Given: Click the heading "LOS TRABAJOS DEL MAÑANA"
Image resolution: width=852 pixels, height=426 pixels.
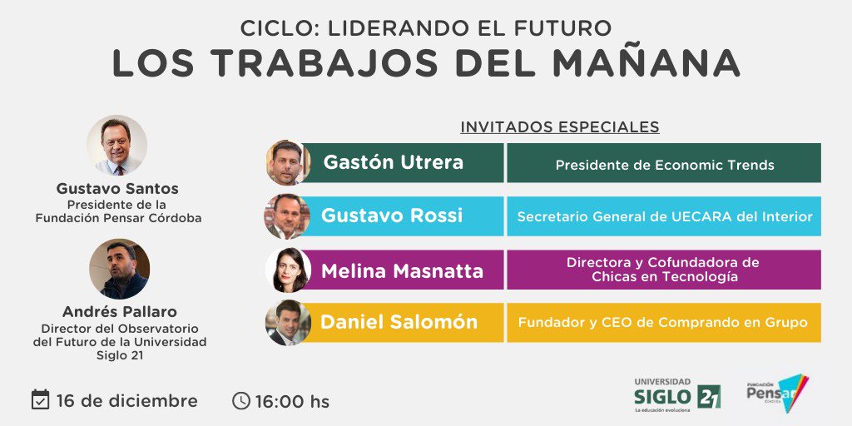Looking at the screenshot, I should (x=425, y=64).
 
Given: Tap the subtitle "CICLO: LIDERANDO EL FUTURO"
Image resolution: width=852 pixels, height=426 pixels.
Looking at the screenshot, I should (x=425, y=27).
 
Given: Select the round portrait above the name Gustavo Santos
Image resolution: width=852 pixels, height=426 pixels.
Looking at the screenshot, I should (x=117, y=145).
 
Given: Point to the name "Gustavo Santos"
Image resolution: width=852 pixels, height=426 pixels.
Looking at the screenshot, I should (x=117, y=189).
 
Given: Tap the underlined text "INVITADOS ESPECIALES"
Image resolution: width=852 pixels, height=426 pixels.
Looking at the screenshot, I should (x=559, y=127).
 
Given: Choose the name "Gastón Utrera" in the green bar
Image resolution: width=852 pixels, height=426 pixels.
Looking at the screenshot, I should (x=393, y=162).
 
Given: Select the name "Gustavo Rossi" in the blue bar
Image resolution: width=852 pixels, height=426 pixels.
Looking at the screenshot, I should (x=391, y=216).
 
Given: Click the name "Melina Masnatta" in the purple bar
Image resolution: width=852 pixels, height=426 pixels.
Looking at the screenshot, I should (x=401, y=270).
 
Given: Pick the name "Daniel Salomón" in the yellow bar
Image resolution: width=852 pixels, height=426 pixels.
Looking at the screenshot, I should (x=399, y=323).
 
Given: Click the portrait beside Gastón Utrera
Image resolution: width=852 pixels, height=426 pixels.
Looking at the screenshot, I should (x=288, y=162).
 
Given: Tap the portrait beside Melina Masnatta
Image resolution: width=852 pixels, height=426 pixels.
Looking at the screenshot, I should (x=288, y=270).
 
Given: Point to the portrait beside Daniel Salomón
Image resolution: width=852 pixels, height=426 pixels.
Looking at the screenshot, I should (x=288, y=323).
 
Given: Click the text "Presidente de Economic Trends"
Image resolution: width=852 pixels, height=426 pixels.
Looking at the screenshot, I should (x=664, y=165).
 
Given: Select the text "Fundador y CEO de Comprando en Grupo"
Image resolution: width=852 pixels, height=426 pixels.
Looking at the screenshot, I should (x=663, y=323).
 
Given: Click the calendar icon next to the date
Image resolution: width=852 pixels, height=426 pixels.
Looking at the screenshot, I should (x=40, y=399).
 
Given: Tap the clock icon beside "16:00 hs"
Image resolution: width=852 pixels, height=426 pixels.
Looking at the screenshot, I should (x=240, y=401).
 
